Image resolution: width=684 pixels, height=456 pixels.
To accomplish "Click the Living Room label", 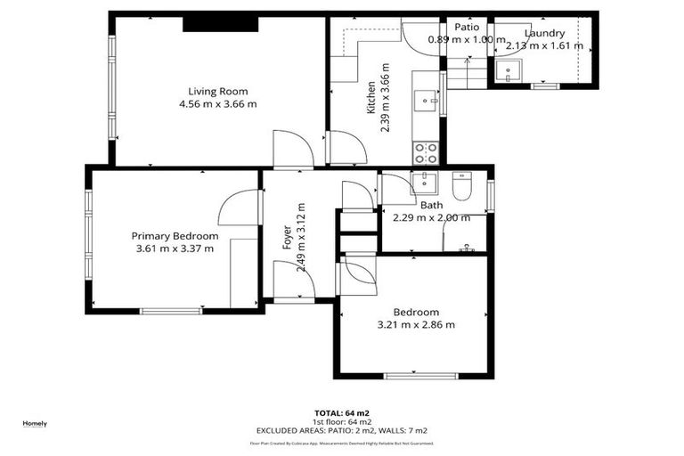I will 217,91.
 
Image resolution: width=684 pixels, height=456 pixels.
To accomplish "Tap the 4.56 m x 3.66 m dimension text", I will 217,104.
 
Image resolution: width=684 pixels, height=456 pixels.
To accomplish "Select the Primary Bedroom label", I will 175,236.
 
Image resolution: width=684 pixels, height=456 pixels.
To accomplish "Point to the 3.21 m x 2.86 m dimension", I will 416,325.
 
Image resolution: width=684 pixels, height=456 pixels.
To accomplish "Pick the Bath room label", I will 432,205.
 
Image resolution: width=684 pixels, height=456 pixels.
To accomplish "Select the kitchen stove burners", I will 425,153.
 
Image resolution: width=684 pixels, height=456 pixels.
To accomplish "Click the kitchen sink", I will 426,99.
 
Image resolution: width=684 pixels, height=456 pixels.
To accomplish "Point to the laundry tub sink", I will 512,70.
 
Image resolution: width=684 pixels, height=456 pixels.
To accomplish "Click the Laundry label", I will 544,34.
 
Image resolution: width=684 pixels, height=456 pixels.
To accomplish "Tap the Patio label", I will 467,27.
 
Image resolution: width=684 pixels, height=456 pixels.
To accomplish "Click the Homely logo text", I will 35,423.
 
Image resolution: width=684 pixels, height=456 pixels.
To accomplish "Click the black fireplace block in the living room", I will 221,23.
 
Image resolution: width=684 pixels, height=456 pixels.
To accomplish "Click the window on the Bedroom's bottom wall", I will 414,376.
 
